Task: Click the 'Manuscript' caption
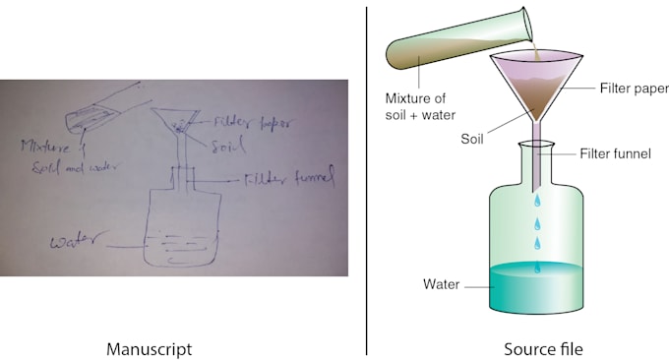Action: (149, 349)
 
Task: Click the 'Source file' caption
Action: (543, 349)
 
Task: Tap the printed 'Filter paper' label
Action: (635, 89)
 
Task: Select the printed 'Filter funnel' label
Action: (615, 153)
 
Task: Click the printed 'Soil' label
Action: (472, 139)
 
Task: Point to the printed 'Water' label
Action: (441, 284)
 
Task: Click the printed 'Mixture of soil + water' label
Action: (420, 106)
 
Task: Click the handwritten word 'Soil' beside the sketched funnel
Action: (228, 145)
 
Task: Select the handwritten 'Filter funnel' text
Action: (289, 177)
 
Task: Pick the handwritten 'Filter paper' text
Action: (254, 123)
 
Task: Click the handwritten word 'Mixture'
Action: (45, 147)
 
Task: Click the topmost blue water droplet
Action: (537, 200)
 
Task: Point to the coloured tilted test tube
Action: (458, 40)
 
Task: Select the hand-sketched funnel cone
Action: (175, 121)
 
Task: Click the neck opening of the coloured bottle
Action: (536, 146)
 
